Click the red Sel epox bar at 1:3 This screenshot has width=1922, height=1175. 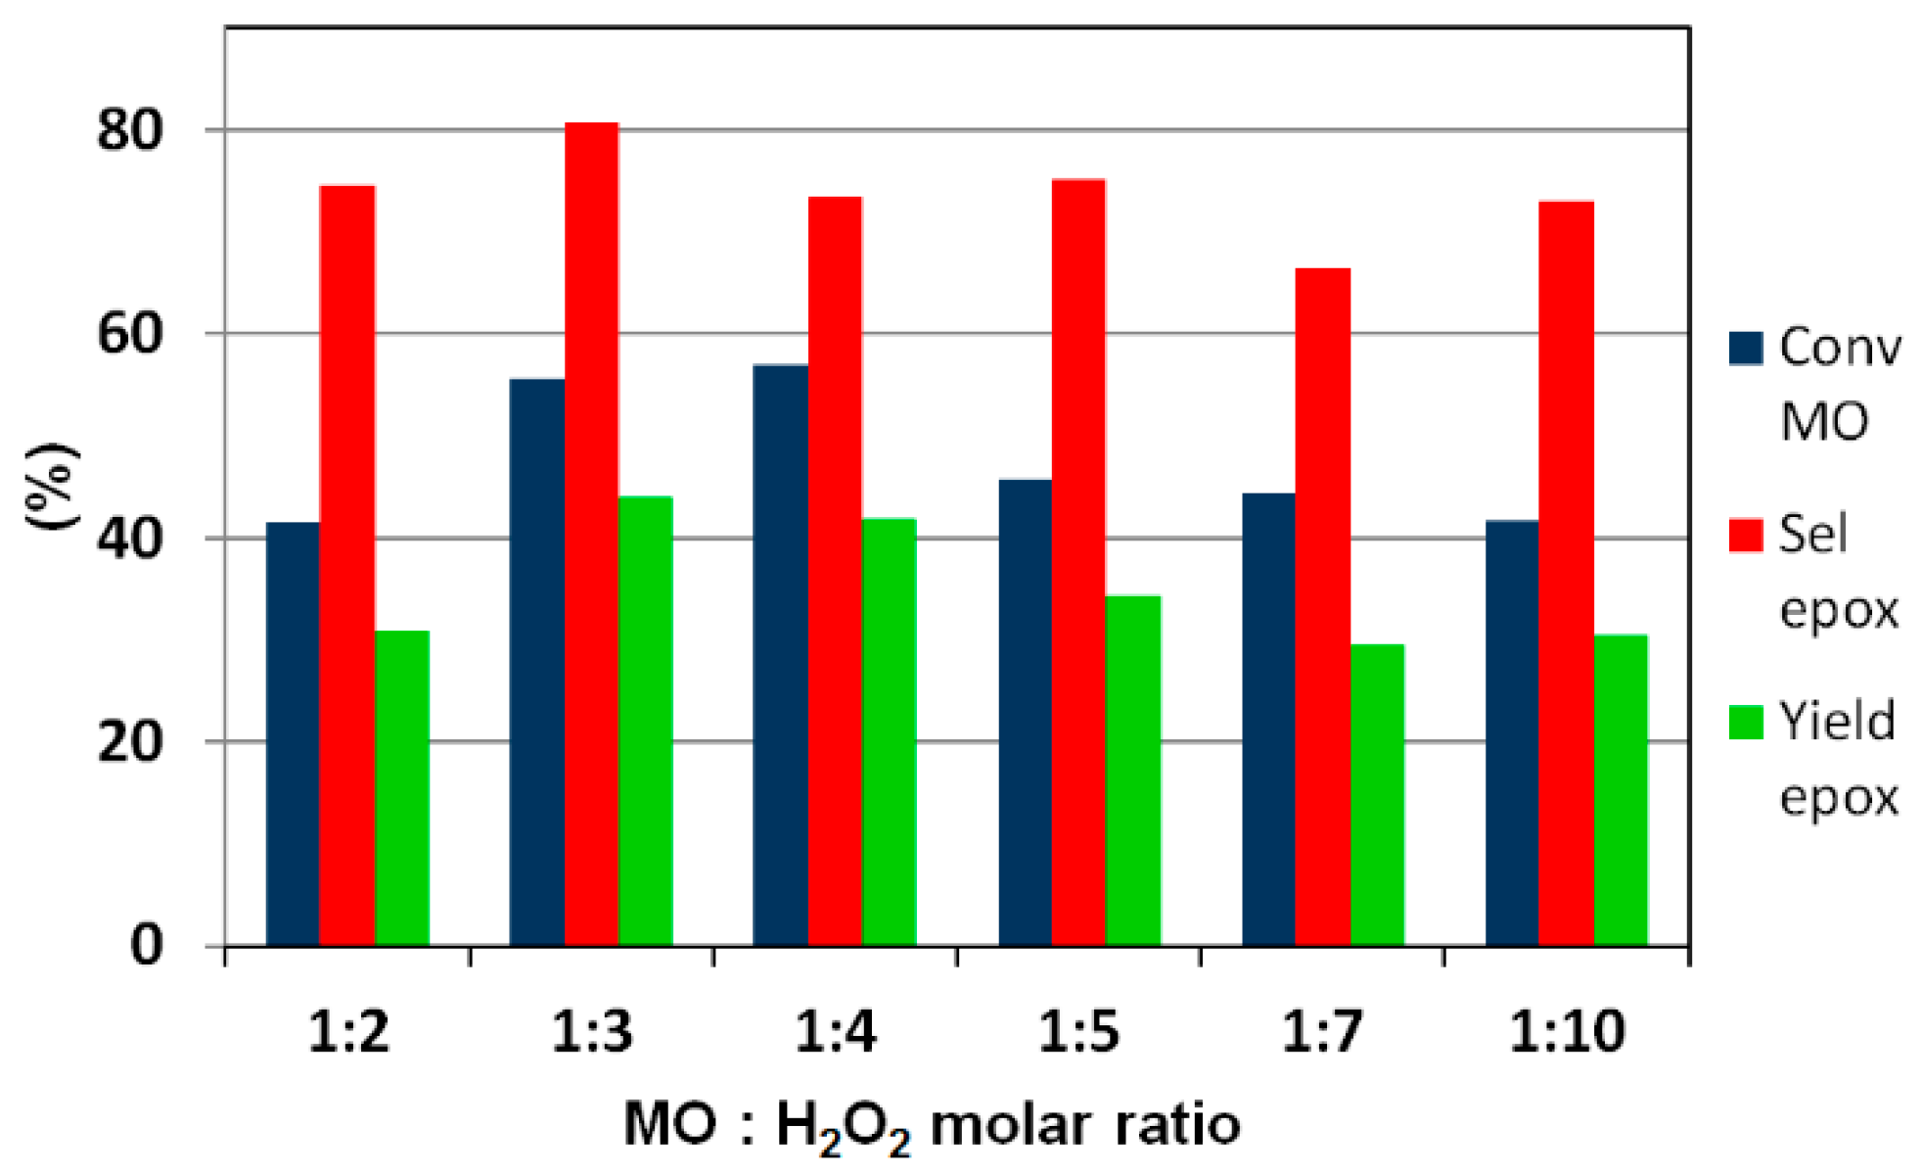[x=591, y=534]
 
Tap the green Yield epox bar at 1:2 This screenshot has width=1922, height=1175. [x=402, y=787]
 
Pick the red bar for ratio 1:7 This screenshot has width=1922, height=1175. [x=1322, y=606]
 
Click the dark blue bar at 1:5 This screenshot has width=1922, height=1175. [x=1025, y=712]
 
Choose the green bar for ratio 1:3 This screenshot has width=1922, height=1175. [x=646, y=721]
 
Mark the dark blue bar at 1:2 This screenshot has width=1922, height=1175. [x=293, y=733]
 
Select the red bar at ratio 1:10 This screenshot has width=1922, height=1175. [x=1566, y=573]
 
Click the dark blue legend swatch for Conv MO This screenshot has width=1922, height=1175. [x=1746, y=348]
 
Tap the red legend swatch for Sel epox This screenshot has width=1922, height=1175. [x=1746, y=535]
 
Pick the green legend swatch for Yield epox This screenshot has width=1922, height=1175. [x=1746, y=722]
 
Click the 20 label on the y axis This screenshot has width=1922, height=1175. [x=129, y=743]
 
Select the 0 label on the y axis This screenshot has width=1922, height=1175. [x=147, y=946]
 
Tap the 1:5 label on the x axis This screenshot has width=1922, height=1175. [x=1078, y=1031]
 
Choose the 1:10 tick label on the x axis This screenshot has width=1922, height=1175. [x=1567, y=1031]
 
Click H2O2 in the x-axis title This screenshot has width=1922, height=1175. [x=843, y=1126]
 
